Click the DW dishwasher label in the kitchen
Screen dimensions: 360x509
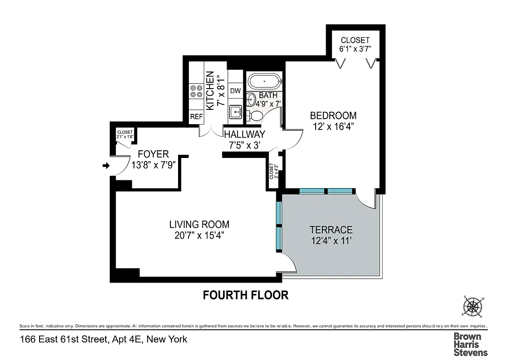click(x=235, y=90)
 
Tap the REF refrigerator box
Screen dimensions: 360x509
click(x=196, y=117)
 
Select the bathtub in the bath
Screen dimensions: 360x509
click(x=264, y=82)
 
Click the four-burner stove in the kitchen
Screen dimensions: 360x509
click(x=196, y=92)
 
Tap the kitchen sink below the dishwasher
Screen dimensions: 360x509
click(x=235, y=112)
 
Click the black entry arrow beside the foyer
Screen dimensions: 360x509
click(x=106, y=166)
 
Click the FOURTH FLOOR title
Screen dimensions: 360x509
click(x=245, y=295)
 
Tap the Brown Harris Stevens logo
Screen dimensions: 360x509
click(x=470, y=344)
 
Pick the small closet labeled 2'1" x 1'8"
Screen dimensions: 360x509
click(x=125, y=135)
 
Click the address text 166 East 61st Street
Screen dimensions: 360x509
click(x=103, y=339)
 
